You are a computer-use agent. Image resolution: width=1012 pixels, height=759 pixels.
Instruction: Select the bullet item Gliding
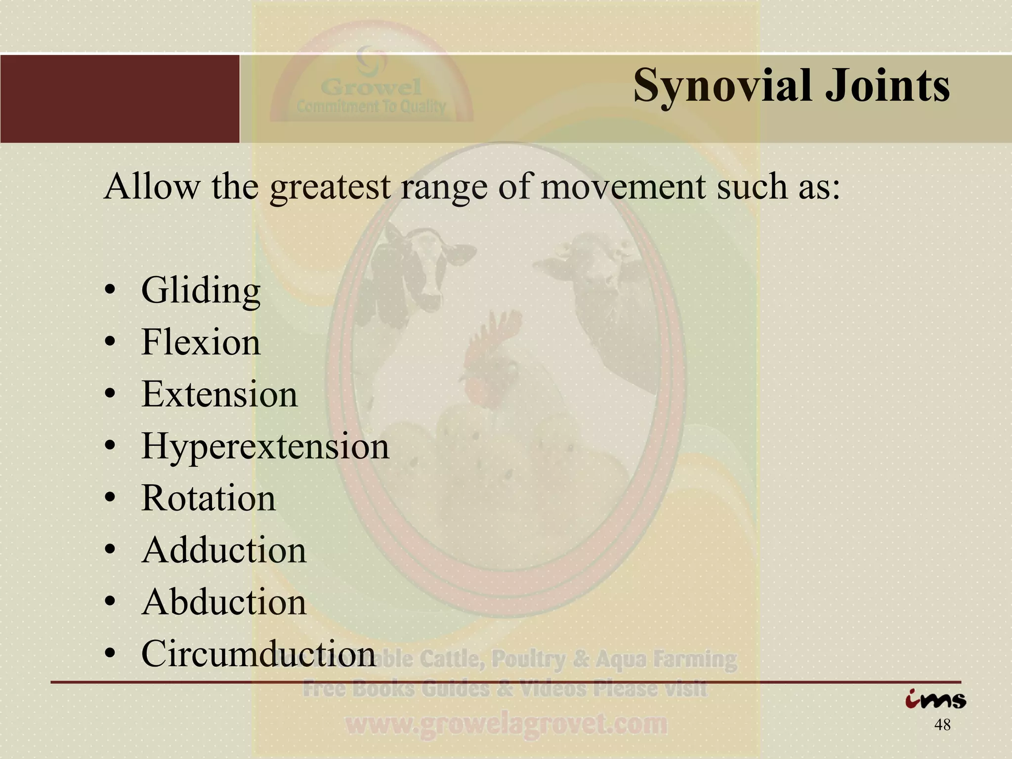(x=201, y=292)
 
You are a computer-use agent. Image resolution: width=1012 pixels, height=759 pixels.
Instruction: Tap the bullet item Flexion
(x=201, y=342)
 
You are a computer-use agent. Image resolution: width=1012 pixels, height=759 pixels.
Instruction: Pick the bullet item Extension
(x=219, y=394)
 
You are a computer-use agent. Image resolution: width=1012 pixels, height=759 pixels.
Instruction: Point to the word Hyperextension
(x=265, y=447)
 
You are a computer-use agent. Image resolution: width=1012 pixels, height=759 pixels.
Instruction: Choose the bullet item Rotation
(x=209, y=498)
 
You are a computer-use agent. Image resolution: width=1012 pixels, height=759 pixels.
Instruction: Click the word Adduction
(x=224, y=550)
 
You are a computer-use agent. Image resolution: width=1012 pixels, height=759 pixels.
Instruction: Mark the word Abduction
(x=224, y=602)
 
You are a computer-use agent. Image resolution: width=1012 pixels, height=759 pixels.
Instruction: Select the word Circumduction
(x=258, y=654)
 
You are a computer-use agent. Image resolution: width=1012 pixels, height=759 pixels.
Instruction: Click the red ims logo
(x=935, y=700)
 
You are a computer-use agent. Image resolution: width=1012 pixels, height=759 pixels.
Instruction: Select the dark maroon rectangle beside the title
(x=120, y=99)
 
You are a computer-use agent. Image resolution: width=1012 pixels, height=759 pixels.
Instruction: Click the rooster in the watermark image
(x=489, y=361)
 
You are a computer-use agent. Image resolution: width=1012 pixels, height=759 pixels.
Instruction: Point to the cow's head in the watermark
(x=420, y=262)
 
